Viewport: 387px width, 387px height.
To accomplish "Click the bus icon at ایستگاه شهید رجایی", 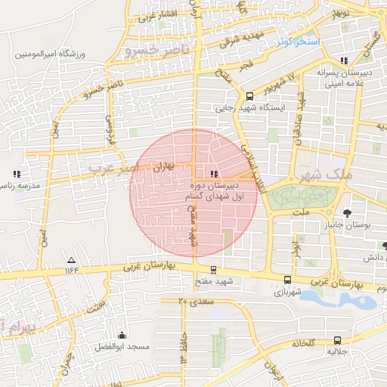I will [249, 96].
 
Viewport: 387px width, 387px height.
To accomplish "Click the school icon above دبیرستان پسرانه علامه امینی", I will [345, 60].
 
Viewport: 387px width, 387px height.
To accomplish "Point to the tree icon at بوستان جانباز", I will [347, 213].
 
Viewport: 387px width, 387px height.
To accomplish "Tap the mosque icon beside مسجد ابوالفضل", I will [122, 335].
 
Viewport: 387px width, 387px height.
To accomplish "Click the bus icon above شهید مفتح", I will [214, 269].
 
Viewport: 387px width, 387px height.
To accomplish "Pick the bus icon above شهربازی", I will [287, 279].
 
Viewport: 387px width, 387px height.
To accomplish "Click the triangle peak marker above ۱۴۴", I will [71, 258].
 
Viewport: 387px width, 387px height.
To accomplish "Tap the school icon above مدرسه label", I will [12, 172].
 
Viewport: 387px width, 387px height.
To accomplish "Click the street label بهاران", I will [163, 166].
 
